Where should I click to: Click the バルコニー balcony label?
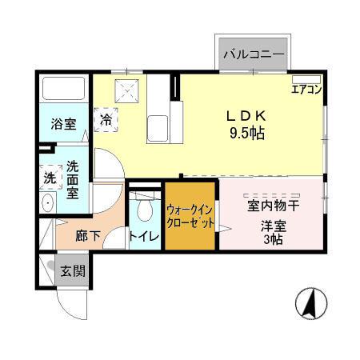click(x=254, y=55)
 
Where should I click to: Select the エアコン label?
click(x=306, y=90)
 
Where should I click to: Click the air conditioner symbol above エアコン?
click(x=306, y=79)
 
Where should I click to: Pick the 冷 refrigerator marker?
click(x=106, y=121)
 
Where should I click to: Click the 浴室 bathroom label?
click(x=64, y=124)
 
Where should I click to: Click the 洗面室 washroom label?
click(x=72, y=179)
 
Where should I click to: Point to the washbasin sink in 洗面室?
click(x=46, y=203)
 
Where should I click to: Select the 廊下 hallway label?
click(x=88, y=236)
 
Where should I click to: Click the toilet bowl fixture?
click(x=145, y=210)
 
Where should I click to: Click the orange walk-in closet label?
click(x=190, y=217)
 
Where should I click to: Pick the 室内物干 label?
click(x=273, y=206)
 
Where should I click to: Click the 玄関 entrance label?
click(x=72, y=271)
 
